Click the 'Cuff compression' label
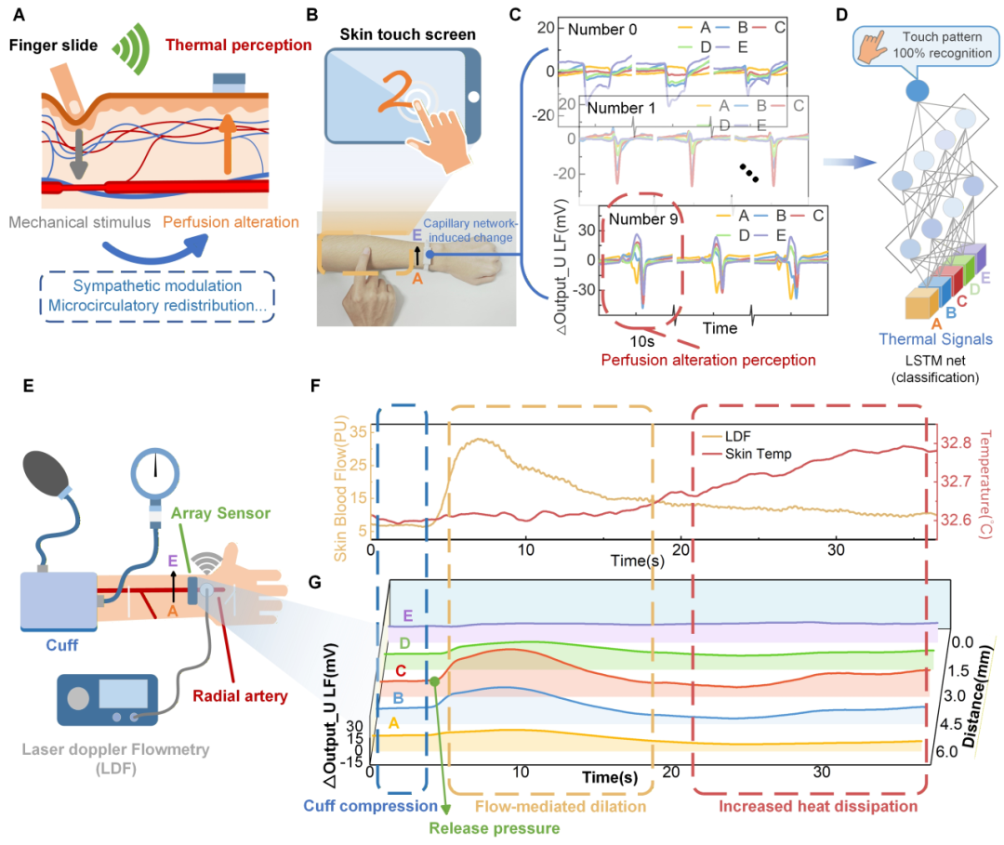[369, 805]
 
